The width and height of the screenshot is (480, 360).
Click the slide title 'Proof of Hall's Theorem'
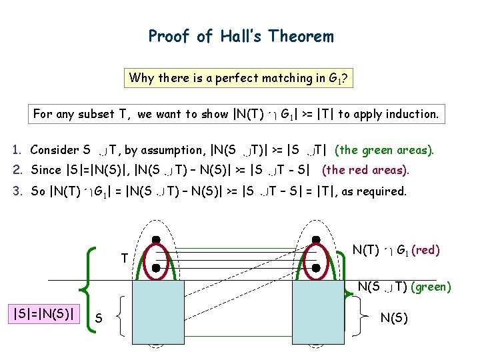click(241, 36)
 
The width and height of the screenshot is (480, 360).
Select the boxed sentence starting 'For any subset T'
click(236, 114)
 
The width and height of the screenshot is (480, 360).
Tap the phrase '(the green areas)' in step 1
click(384, 150)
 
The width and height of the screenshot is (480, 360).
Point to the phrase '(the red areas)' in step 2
click(365, 170)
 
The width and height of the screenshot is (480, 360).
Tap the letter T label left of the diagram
click(124, 258)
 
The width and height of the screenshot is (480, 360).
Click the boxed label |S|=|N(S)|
click(44, 313)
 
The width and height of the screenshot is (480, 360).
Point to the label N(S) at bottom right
click(394, 318)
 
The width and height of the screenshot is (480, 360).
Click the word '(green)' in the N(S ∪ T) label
click(430, 287)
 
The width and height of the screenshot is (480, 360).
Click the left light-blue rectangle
click(158, 306)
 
